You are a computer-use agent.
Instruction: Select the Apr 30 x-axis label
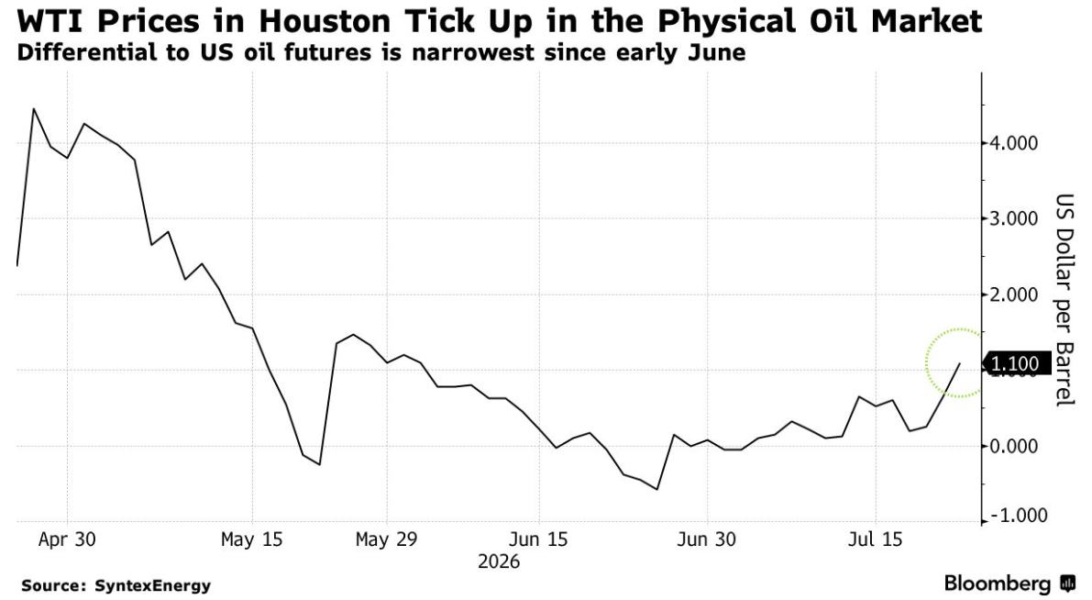coord(67,539)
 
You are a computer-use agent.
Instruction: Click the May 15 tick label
coord(251,539)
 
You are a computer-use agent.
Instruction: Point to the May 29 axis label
coord(386,539)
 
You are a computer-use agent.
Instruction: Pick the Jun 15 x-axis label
coord(538,539)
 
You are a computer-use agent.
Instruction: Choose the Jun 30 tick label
coord(707,539)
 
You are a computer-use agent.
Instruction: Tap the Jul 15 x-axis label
coord(876,539)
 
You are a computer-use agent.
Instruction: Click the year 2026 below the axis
coord(499,561)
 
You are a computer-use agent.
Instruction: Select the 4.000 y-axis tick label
coord(1014,143)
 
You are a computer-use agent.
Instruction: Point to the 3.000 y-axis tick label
coord(1014,219)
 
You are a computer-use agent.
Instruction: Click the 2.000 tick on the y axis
coord(1014,294)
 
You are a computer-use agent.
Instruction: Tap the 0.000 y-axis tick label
coord(1014,446)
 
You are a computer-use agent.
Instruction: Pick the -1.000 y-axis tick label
coord(1018,516)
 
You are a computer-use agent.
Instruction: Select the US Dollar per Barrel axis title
coord(1064,300)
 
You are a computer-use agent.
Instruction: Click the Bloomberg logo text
coord(998,583)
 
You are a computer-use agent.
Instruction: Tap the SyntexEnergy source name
coord(152,586)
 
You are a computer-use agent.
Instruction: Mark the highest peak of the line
coord(33,108)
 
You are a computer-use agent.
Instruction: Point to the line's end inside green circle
coord(960,363)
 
